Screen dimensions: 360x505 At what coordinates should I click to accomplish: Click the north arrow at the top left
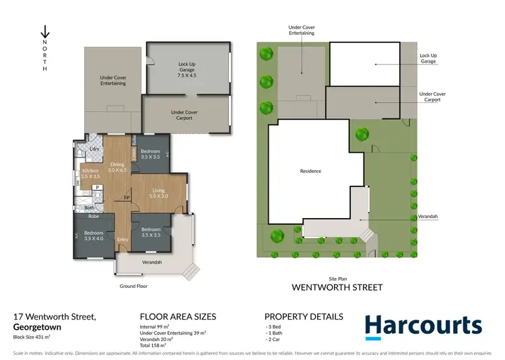[44, 32]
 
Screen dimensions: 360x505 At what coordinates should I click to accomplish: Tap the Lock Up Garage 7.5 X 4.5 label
[187, 70]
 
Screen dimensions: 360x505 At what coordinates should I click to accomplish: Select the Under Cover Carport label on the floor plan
[184, 115]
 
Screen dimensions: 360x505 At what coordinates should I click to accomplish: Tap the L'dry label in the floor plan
[95, 149]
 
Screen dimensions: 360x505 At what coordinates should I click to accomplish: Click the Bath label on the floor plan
[90, 208]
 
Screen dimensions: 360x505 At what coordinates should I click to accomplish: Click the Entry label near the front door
[123, 240]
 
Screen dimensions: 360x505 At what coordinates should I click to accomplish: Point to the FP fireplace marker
[125, 198]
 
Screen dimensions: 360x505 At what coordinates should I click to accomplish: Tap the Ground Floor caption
[133, 286]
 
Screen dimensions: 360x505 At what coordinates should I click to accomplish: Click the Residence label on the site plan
[310, 171]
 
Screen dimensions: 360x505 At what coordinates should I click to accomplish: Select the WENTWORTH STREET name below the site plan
[337, 287]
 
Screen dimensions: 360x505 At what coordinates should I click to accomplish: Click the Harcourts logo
[424, 326]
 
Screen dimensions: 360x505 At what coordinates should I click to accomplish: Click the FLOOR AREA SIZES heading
[178, 316]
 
